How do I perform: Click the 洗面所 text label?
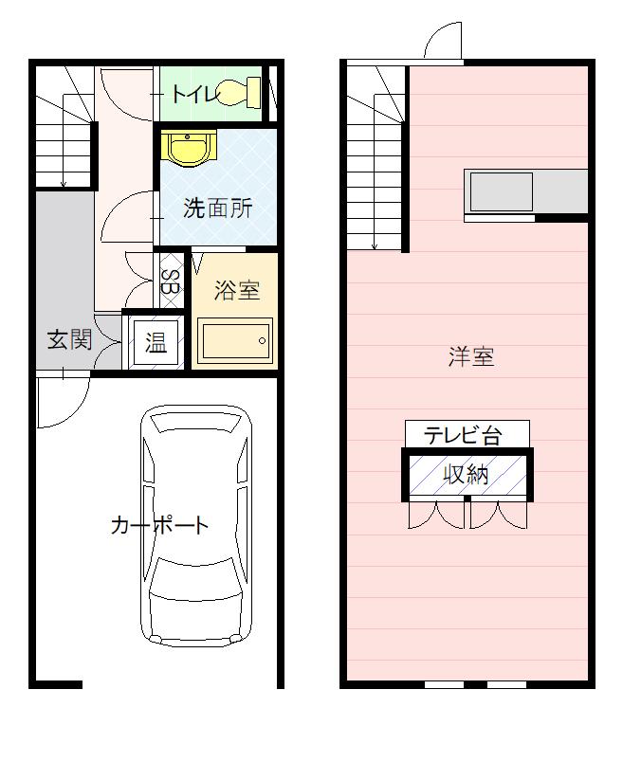tap(218, 209)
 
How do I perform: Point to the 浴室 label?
tap(236, 290)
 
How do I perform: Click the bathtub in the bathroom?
tap(235, 339)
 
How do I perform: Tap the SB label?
tap(171, 281)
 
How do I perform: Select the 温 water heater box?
tap(155, 343)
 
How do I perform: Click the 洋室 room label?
tap(471, 357)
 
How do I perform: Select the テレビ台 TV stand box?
tap(467, 434)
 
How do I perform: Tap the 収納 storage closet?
tap(467, 474)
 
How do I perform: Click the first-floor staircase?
tap(64, 129)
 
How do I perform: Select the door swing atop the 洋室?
tap(445, 44)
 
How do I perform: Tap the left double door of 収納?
tap(436, 515)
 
